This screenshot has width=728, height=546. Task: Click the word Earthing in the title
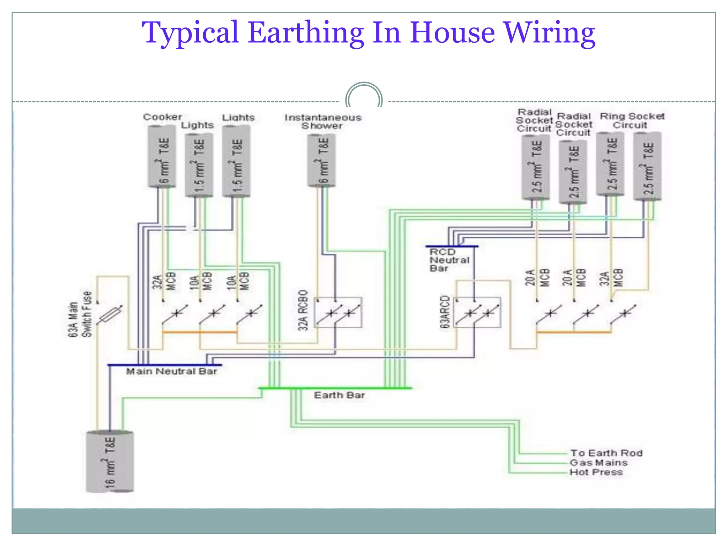click(x=306, y=33)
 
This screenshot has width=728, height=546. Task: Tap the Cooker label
click(x=162, y=117)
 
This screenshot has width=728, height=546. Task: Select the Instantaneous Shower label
click(x=323, y=122)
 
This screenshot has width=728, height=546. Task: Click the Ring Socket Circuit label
click(x=632, y=121)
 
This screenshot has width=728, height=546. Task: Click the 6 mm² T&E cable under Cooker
click(x=162, y=156)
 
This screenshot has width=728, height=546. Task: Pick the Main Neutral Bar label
click(x=171, y=371)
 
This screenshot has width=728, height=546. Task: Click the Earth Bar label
click(x=339, y=395)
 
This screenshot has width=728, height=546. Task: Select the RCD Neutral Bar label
click(x=449, y=260)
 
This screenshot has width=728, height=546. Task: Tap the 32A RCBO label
click(x=303, y=310)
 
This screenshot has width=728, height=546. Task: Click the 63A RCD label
click(x=445, y=311)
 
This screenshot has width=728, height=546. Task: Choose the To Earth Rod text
click(x=606, y=453)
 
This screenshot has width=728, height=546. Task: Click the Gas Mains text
click(x=599, y=463)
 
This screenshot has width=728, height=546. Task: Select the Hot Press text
click(x=596, y=472)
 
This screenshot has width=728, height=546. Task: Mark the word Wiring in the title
click(x=550, y=33)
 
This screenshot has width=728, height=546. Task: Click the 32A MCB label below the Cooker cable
click(x=164, y=282)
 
